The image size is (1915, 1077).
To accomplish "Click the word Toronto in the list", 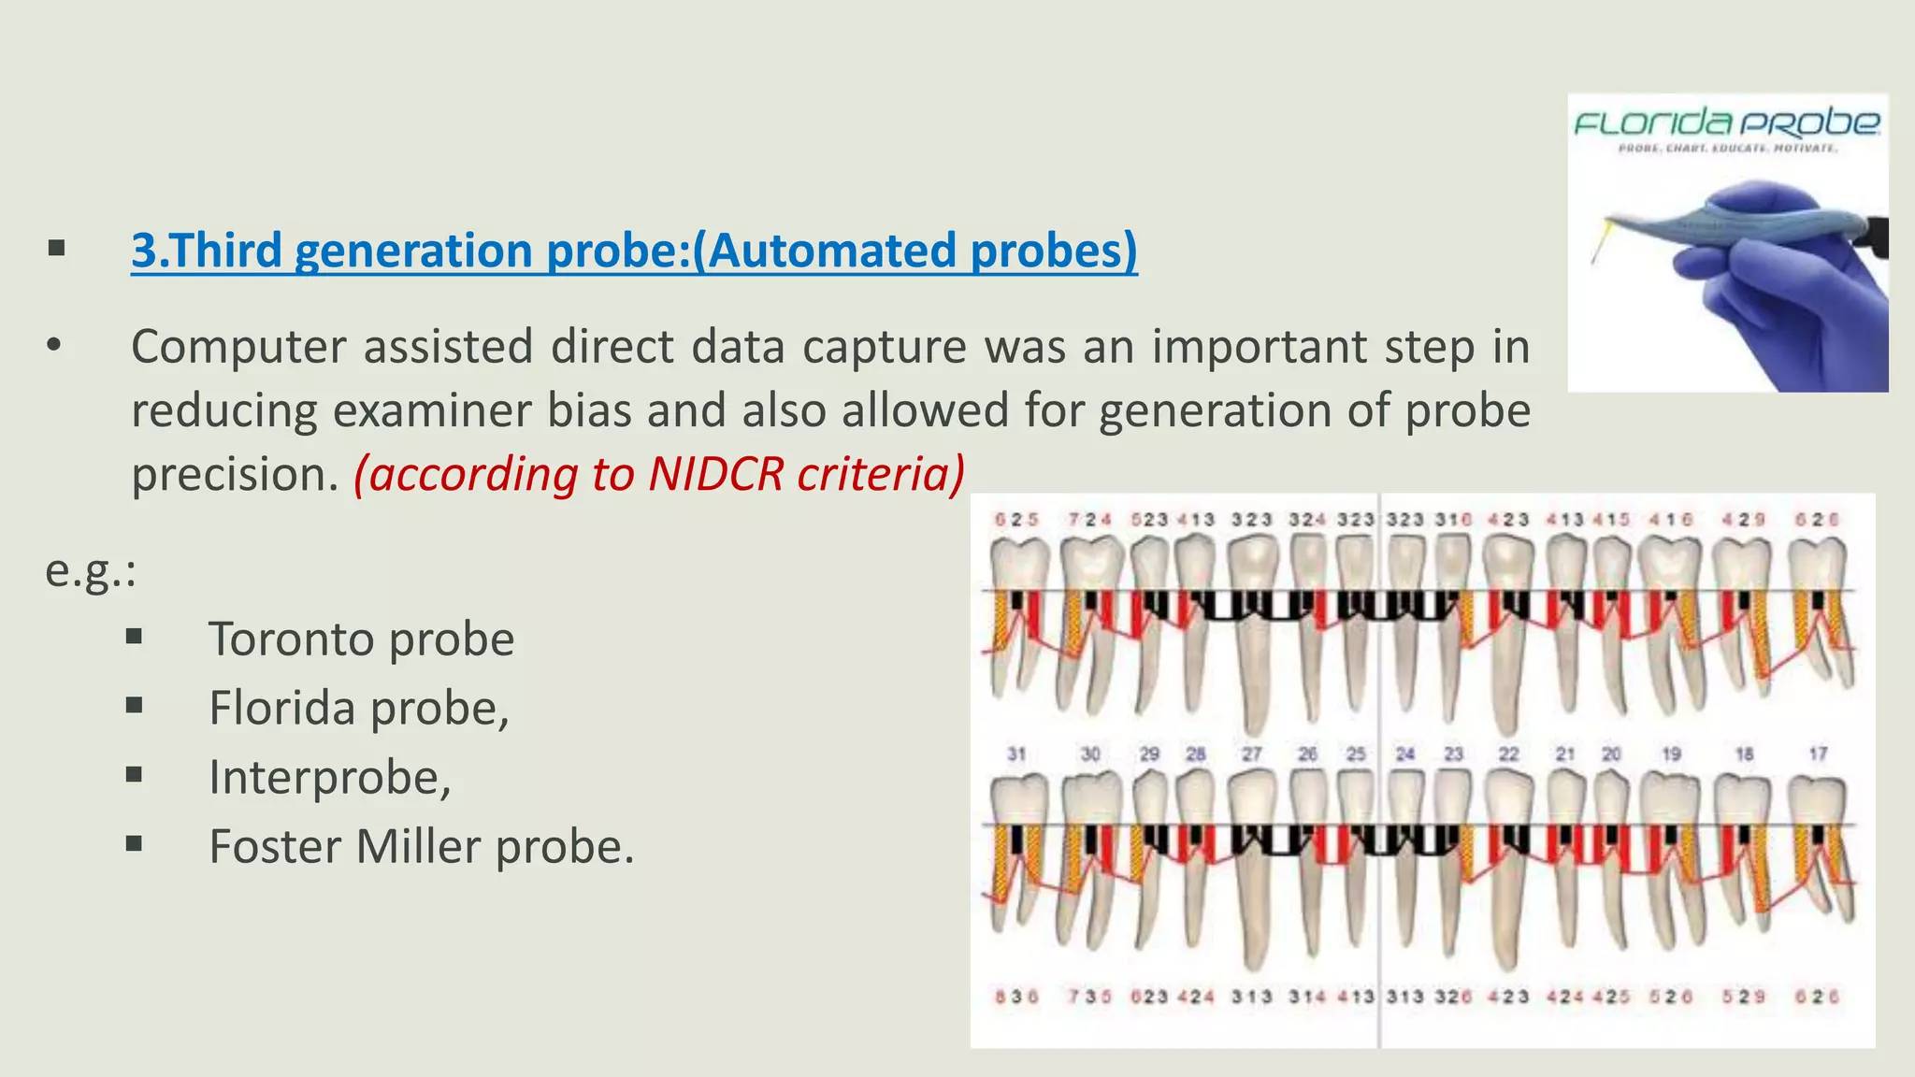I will click(x=293, y=639).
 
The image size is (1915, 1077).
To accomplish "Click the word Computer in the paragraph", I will click(x=238, y=347).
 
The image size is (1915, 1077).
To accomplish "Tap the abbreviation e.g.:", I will click(x=91, y=570).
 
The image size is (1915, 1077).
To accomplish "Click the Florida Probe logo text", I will click(x=1726, y=122).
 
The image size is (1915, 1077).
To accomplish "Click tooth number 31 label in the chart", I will click(x=1016, y=754).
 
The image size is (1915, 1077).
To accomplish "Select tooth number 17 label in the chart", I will click(x=1818, y=754).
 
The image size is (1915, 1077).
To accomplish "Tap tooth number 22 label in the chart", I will click(x=1508, y=754).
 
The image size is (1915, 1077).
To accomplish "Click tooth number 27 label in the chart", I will click(x=1252, y=754).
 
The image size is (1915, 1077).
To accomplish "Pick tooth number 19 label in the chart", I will click(x=1672, y=754).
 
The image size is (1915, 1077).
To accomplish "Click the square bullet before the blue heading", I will click(x=57, y=250).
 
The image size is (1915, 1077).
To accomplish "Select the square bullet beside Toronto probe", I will click(x=135, y=638).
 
